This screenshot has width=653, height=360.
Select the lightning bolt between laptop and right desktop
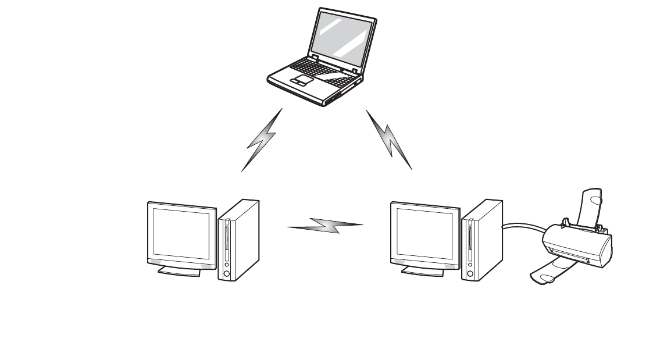click(x=390, y=140)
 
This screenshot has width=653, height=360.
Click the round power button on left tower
click(x=226, y=273)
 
